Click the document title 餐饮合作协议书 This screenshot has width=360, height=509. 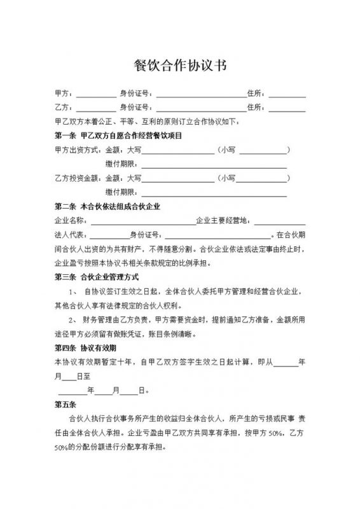click(179, 65)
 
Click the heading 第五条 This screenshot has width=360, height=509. click(66, 404)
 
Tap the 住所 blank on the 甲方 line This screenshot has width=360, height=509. click(286, 94)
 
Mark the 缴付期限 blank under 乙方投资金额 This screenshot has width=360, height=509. click(213, 192)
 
